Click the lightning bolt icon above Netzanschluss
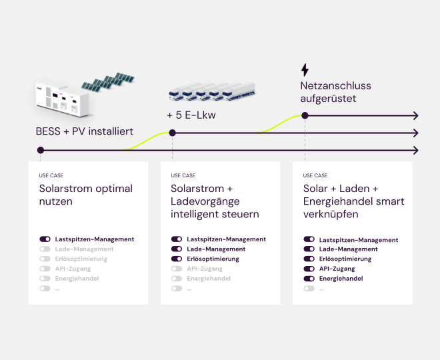pos(305,70)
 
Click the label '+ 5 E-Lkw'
pos(191,115)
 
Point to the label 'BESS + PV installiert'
pos(85,131)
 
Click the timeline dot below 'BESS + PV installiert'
pos(40,150)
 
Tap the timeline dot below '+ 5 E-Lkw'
pos(172,133)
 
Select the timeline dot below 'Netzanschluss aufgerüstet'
pos(305,115)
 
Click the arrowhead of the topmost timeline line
pos(415,115)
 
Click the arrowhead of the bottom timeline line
pos(415,150)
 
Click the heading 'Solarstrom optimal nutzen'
pos(86,195)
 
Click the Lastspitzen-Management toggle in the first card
pos(45,239)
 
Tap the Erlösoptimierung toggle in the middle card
pos(177,259)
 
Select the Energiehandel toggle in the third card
pos(309,279)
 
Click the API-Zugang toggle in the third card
pos(309,269)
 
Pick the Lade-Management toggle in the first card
pos(45,249)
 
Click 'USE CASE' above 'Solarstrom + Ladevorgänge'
pos(183,175)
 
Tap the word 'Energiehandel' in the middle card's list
pos(209,279)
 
